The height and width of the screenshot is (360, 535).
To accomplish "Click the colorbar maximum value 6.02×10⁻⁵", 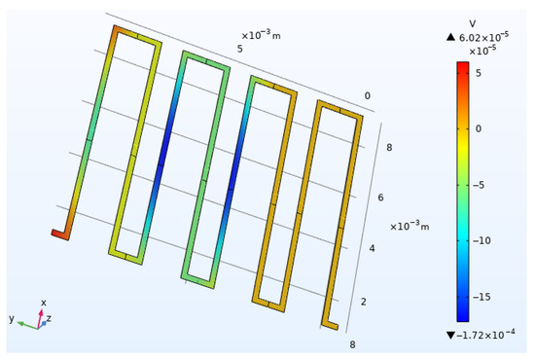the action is coord(483,36).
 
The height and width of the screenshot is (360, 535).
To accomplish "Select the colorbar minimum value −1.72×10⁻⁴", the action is coord(485,335).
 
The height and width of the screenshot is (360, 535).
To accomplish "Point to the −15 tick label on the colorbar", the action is coord(481,297).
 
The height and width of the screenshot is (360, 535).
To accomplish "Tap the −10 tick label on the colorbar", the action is coord(481,240).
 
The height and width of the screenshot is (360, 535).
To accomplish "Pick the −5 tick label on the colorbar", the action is coord(479,185).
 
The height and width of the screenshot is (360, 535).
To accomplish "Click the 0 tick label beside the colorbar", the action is coord(479,128).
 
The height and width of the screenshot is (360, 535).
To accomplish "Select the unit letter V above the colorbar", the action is coord(473,23).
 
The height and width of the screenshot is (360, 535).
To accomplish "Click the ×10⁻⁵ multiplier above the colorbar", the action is coord(482,51).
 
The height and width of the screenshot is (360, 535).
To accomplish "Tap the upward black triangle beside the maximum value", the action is coord(450,37).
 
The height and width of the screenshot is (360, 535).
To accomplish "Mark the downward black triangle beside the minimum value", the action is coord(450,335).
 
